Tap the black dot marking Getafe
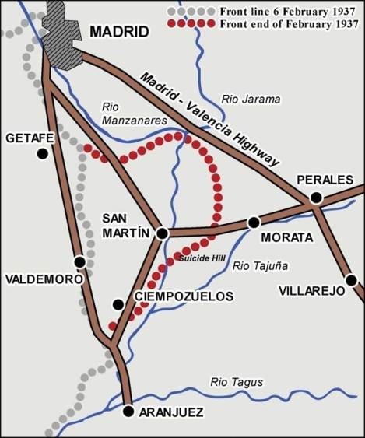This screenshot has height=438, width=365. [x=42, y=154]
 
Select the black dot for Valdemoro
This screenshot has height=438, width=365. [x=79, y=262]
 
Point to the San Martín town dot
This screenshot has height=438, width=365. [x=162, y=233]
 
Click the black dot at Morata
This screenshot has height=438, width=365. [x=253, y=222]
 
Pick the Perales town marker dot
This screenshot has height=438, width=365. [x=316, y=198]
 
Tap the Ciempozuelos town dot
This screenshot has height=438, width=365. [x=118, y=305]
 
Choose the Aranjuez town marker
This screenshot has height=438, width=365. [x=129, y=412]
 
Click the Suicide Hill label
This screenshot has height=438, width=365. [x=202, y=257]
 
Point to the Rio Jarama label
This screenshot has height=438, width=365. [x=251, y=100]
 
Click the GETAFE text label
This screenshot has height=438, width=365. [x=29, y=138]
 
